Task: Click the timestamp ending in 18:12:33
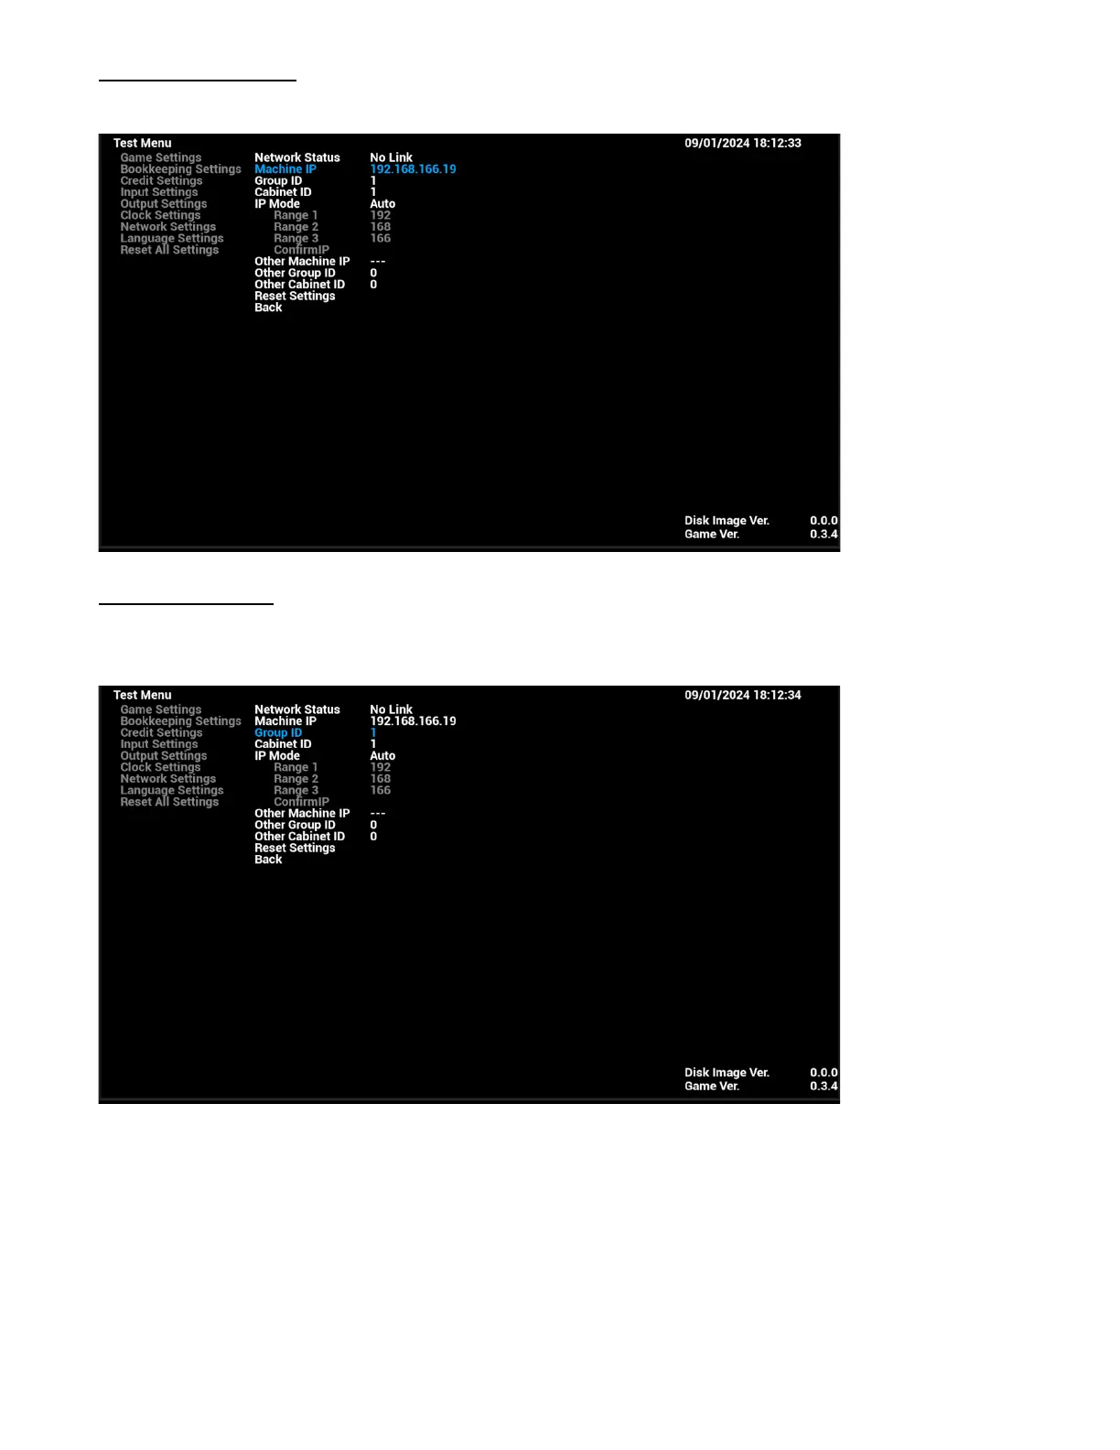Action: pos(742,144)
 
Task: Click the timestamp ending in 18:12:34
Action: pos(742,696)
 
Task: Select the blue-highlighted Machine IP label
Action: pos(285,169)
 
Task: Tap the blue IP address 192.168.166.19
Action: pos(413,169)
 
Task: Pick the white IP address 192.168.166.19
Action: pos(413,721)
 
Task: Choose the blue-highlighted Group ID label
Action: pos(277,733)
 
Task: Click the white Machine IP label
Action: pos(285,721)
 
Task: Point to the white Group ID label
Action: pos(277,181)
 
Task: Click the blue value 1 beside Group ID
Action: pos(373,733)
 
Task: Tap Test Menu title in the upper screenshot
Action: pos(142,144)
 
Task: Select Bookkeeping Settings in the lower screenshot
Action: pos(180,721)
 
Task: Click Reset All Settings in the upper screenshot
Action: pos(169,250)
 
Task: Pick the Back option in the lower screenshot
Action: pos(268,860)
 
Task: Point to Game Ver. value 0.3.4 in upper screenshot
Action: pos(824,535)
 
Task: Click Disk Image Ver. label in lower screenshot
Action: pos(727,1073)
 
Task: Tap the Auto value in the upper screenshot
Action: pos(382,204)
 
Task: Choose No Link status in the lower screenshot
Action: pos(391,709)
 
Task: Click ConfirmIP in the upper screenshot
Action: pos(301,250)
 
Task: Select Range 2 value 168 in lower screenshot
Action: pos(380,779)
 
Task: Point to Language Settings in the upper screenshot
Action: pos(171,238)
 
